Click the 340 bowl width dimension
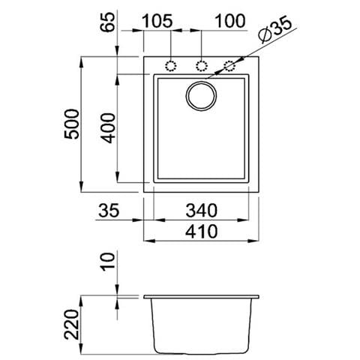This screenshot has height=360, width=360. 199,211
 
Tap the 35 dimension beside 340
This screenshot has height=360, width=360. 110,211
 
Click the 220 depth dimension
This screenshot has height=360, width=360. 73,322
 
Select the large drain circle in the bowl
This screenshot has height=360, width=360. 201,96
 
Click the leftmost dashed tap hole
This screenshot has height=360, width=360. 171,65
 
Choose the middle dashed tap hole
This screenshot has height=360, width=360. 201,65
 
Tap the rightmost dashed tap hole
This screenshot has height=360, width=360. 230,65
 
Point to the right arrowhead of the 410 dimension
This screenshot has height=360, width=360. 255,241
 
